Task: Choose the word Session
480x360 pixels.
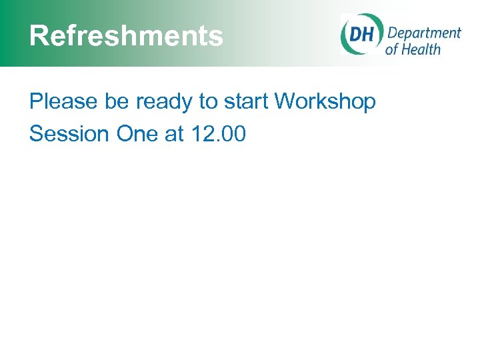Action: point(69,134)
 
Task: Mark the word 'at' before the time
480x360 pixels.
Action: point(174,134)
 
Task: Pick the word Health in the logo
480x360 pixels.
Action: point(421,49)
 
